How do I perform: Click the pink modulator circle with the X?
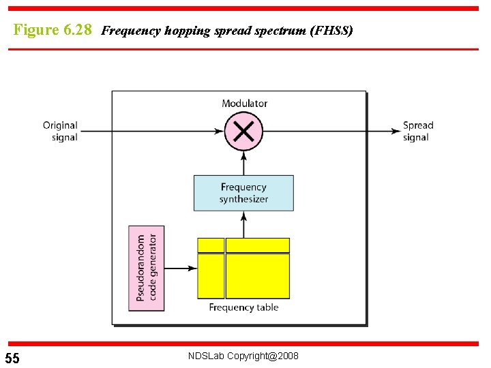pyautogui.click(x=243, y=132)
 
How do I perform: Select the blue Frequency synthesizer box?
pyautogui.click(x=243, y=193)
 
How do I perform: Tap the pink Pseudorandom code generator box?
pyautogui.click(x=147, y=269)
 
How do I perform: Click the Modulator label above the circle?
pyautogui.click(x=244, y=104)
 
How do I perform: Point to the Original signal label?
pyautogui.click(x=60, y=132)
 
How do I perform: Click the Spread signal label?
pyautogui.click(x=417, y=132)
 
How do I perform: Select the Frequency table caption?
pyautogui.click(x=243, y=307)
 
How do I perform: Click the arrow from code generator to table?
pyautogui.click(x=181, y=269)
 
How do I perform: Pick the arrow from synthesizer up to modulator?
pyautogui.click(x=243, y=163)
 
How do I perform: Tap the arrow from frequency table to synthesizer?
pyautogui.click(x=243, y=224)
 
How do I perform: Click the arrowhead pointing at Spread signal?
pyautogui.click(x=396, y=132)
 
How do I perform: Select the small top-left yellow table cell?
pyautogui.click(x=211, y=245)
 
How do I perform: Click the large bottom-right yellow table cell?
pyautogui.click(x=258, y=276)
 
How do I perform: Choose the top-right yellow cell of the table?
pyautogui.click(x=258, y=245)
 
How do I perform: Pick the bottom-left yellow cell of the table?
pyautogui.click(x=211, y=276)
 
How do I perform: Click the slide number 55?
pyautogui.click(x=12, y=358)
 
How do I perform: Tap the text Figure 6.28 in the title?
pyautogui.click(x=53, y=31)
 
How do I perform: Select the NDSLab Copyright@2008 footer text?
pyautogui.click(x=243, y=356)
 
